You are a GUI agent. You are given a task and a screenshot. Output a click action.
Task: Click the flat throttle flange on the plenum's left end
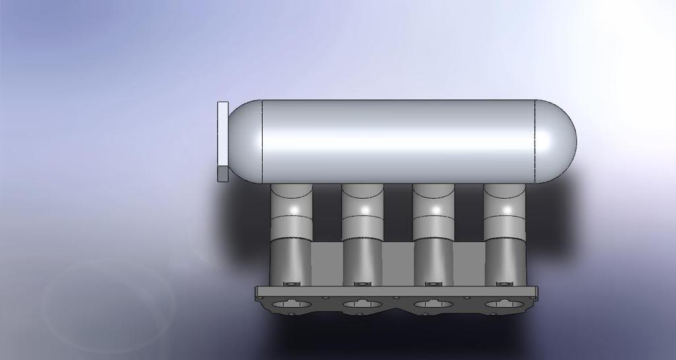tap(222, 141)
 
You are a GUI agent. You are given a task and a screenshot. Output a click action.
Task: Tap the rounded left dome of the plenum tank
tap(244, 142)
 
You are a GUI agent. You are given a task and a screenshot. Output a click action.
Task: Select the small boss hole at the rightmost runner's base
tap(503, 284)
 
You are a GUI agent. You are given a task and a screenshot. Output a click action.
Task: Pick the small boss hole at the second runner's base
tap(361, 284)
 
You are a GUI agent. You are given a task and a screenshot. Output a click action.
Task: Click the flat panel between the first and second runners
tap(326, 264)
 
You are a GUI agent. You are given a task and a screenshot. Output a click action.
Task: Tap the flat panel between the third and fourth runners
tap(469, 264)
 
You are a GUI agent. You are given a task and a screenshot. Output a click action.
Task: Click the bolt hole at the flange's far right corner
tap(532, 298)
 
